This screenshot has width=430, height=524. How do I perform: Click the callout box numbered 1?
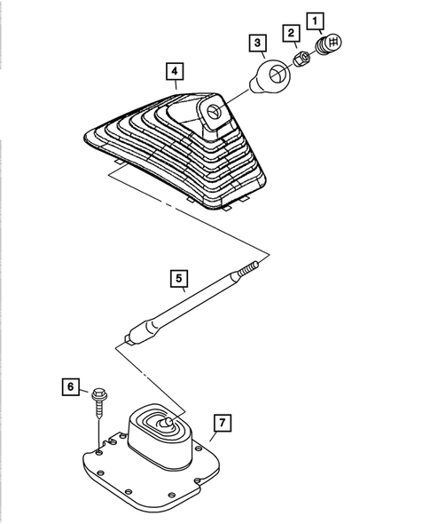314,17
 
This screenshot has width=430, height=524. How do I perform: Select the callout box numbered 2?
290,33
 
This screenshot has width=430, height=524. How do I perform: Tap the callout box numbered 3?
256,42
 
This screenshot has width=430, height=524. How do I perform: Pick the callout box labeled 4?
176,70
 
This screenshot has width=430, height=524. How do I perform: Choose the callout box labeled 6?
69,386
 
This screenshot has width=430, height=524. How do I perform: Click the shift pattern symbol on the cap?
335,42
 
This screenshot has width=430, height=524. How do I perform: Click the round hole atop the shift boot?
216,112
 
